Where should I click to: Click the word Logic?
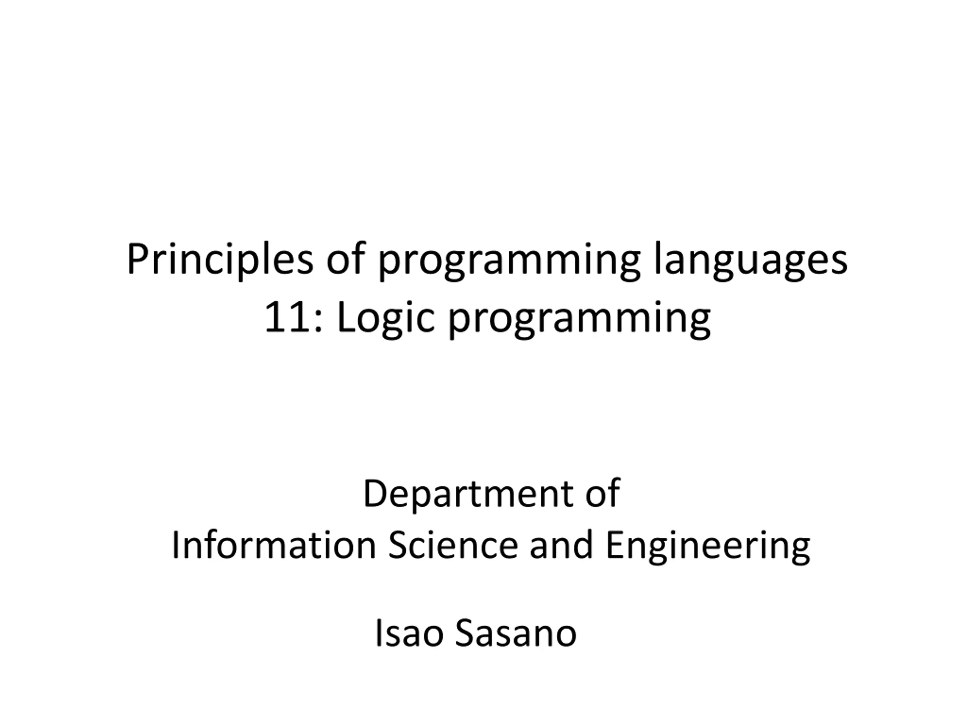(x=386, y=319)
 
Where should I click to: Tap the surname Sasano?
(x=516, y=633)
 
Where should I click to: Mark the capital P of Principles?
(x=138, y=259)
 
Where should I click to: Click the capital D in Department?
(x=376, y=493)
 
